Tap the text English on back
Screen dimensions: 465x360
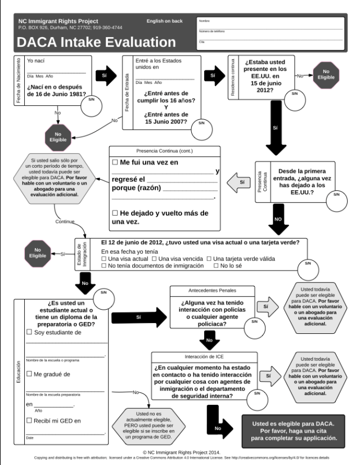pyautogui.click(x=164, y=21)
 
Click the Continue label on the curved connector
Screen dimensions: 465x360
pyautogui.click(x=65, y=221)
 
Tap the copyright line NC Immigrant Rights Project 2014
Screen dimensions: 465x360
pyautogui.click(x=180, y=452)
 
